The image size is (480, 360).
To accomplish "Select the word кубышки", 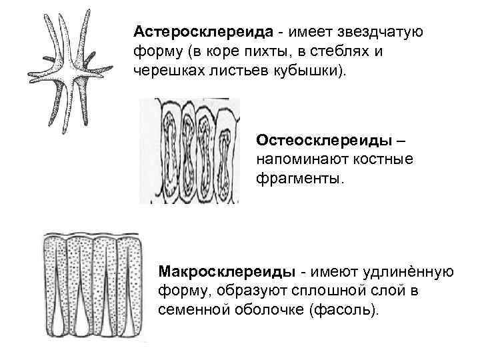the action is [x=319, y=70].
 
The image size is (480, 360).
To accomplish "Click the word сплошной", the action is [x=329, y=291].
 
